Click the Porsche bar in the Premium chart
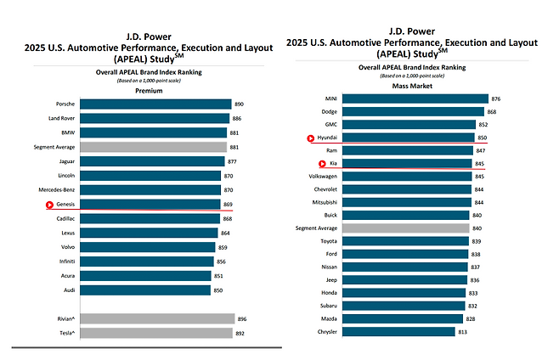(x=155, y=104)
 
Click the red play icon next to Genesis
(x=50, y=205)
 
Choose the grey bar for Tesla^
(x=157, y=334)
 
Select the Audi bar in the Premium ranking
(x=145, y=290)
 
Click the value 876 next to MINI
(x=496, y=98)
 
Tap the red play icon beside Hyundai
(x=311, y=137)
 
